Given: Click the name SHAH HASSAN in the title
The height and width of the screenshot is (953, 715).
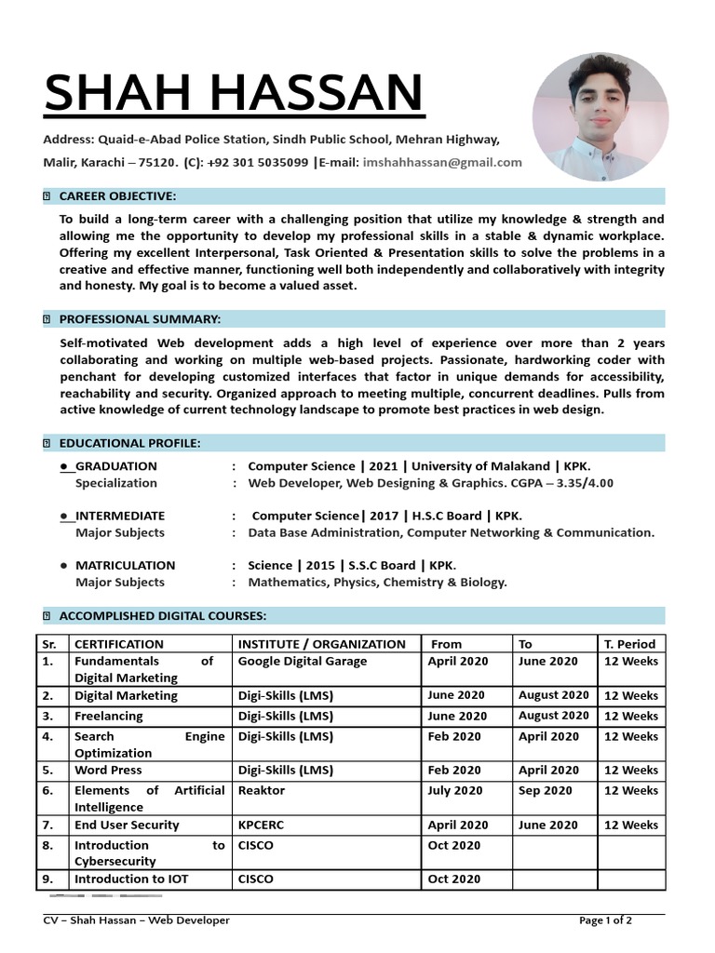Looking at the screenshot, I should [233, 93].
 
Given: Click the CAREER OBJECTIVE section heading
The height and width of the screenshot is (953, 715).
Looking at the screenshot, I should [117, 195].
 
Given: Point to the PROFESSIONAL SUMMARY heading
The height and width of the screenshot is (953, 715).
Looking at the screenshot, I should [140, 319].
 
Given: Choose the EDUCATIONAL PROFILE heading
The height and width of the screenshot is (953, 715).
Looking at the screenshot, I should [129, 443].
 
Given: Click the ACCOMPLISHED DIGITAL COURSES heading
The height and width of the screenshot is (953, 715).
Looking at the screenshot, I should [163, 615].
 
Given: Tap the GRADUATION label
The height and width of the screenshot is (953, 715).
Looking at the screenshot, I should [115, 466].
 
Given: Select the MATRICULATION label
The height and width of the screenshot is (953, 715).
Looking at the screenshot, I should [125, 565].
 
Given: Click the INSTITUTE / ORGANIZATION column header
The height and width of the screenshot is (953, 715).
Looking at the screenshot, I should [322, 644].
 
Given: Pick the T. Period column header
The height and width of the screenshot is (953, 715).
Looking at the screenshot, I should [629, 644].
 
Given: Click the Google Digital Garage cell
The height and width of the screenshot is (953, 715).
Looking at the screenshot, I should [303, 662].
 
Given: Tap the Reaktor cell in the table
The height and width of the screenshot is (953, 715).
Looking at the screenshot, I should [262, 790].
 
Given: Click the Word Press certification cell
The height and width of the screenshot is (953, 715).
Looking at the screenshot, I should [108, 770].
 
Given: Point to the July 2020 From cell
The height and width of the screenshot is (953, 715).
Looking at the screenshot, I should [455, 790].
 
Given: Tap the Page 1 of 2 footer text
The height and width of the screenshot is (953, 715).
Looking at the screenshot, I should [605, 920].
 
